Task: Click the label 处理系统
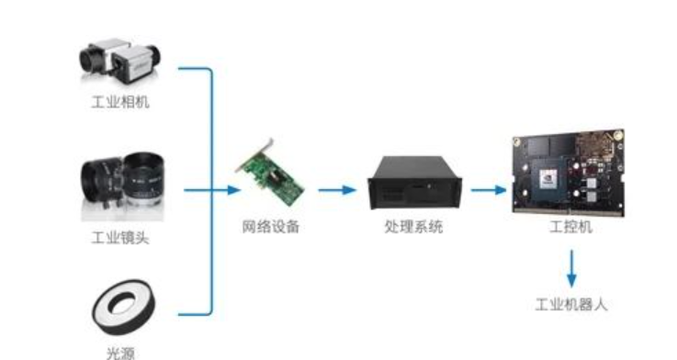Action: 412,226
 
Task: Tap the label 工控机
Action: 570,226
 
